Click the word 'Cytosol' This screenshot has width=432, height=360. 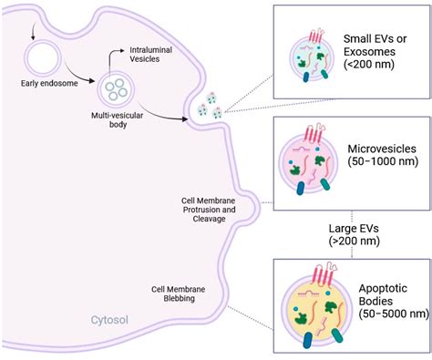[x=110, y=321]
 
